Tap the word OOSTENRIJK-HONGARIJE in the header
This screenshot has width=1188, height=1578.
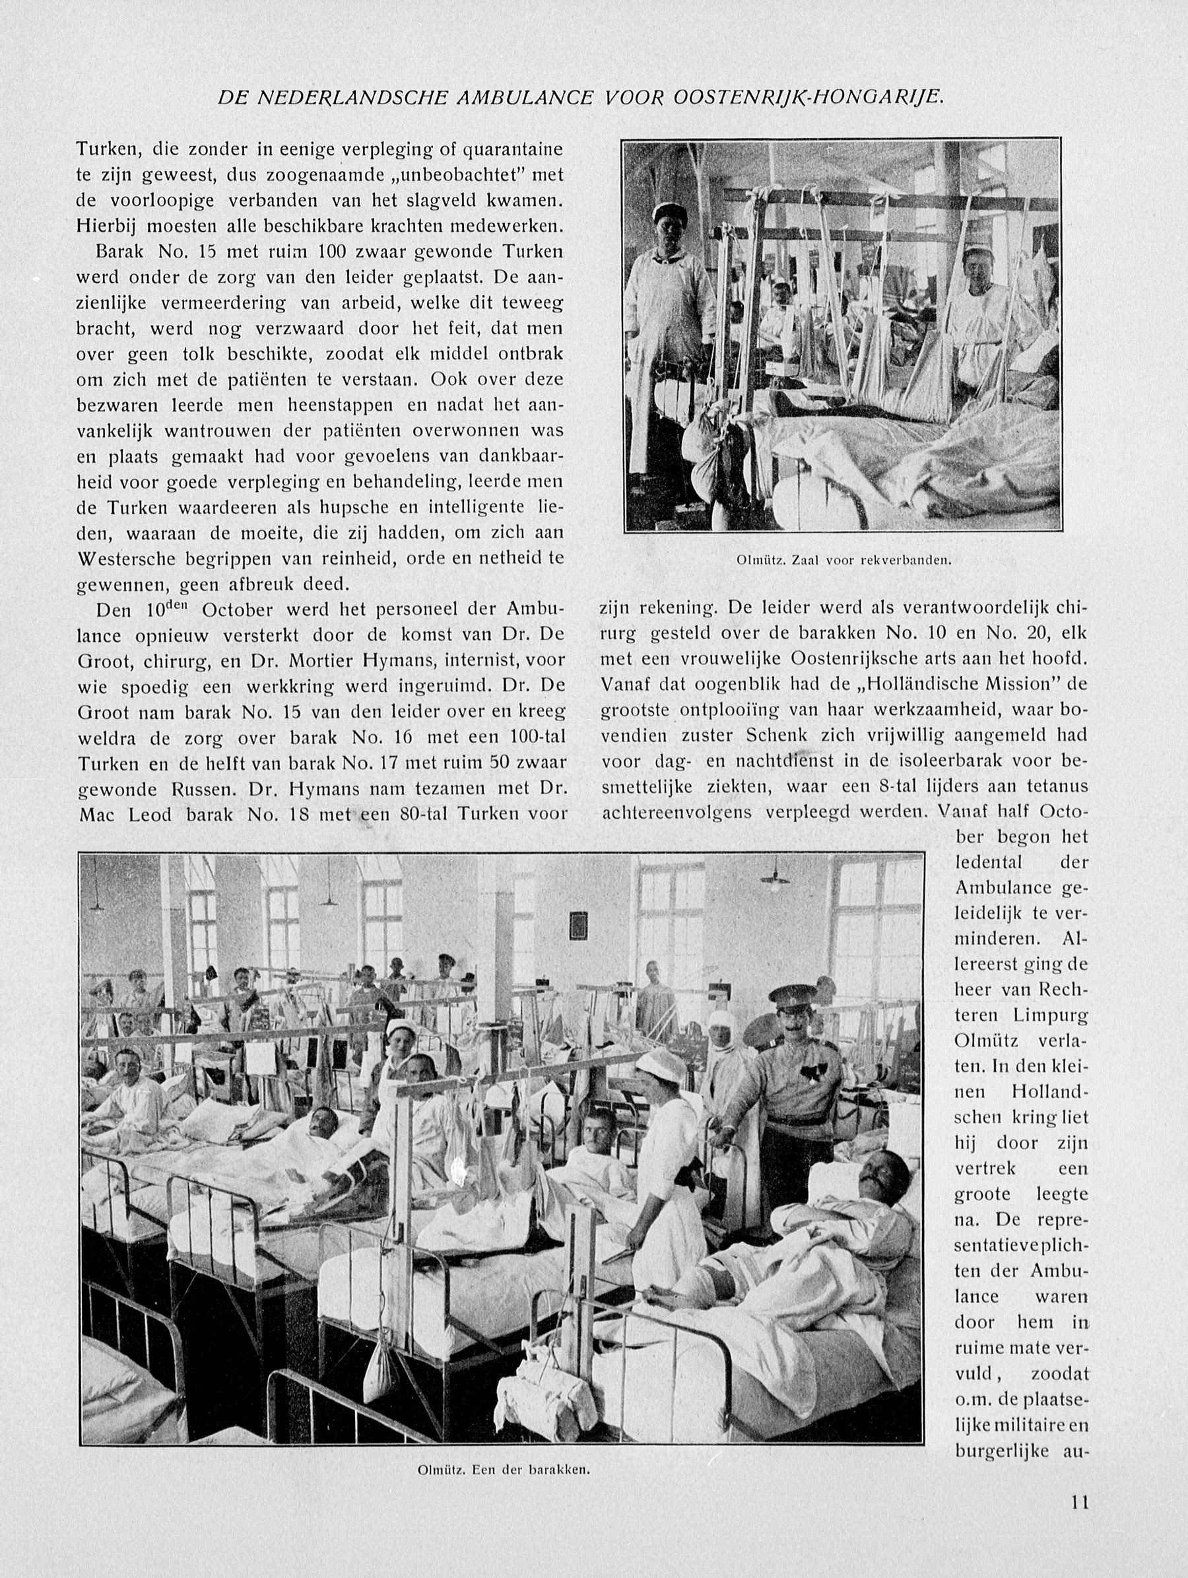[808, 98]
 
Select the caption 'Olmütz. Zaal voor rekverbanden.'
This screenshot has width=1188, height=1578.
[843, 560]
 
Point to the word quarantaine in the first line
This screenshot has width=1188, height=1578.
[513, 150]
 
